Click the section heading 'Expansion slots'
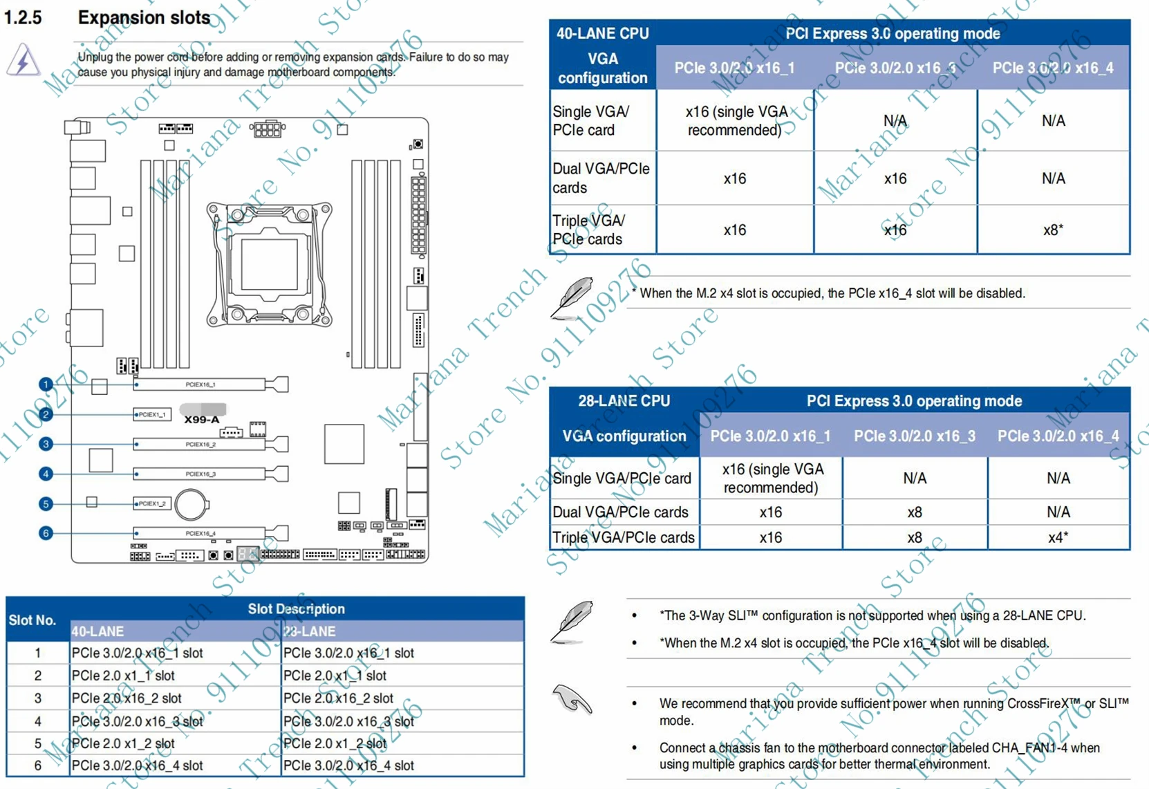(144, 18)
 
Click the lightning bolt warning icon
(23, 60)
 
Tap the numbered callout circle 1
(46, 384)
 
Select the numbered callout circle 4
(46, 474)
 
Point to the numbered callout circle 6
(46, 533)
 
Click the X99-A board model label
(201, 420)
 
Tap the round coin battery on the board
(191, 505)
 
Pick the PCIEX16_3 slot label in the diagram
(200, 474)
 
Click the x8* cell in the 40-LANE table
(1053, 230)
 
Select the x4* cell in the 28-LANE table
(1058, 537)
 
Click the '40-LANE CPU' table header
(602, 33)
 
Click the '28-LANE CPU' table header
(624, 401)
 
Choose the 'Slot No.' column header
(32, 620)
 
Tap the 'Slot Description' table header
(296, 609)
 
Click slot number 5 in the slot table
(37, 743)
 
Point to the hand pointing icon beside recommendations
(572, 699)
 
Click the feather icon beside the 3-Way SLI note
(572, 621)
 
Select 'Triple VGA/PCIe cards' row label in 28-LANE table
(624, 537)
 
